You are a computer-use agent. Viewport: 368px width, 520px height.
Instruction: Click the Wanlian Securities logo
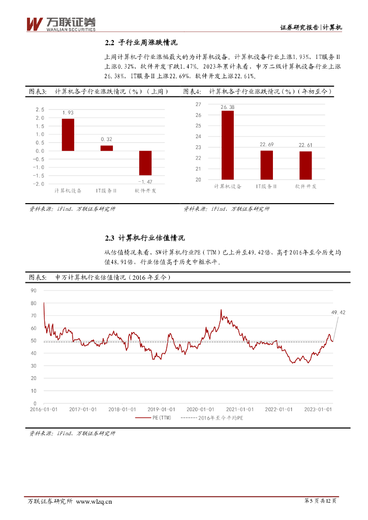coord(60,23)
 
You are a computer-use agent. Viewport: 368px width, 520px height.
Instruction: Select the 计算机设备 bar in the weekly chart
coord(68,135)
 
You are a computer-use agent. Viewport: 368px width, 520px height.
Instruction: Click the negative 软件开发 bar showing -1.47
coord(145,163)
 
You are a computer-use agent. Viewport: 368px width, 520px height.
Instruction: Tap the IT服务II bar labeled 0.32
coord(107,148)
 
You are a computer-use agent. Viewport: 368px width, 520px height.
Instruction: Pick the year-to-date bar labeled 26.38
coord(228,145)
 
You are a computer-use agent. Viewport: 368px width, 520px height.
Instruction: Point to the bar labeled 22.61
coord(305,165)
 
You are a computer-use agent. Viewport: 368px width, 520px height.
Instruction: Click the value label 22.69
coord(266,145)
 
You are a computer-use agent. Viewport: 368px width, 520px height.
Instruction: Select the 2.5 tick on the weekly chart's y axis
coord(40,110)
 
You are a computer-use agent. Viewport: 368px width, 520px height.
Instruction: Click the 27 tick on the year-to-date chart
coord(198,104)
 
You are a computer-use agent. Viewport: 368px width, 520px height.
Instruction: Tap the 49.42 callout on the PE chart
coord(338,313)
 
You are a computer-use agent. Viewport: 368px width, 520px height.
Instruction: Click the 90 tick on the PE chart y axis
coord(34,290)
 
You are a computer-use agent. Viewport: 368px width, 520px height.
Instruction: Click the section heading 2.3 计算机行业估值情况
coord(145,238)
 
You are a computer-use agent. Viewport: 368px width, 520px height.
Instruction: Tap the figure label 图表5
coord(38,277)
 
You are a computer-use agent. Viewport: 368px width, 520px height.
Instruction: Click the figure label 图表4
coord(192,91)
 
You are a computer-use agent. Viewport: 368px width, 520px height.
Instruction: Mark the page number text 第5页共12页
coord(320,501)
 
